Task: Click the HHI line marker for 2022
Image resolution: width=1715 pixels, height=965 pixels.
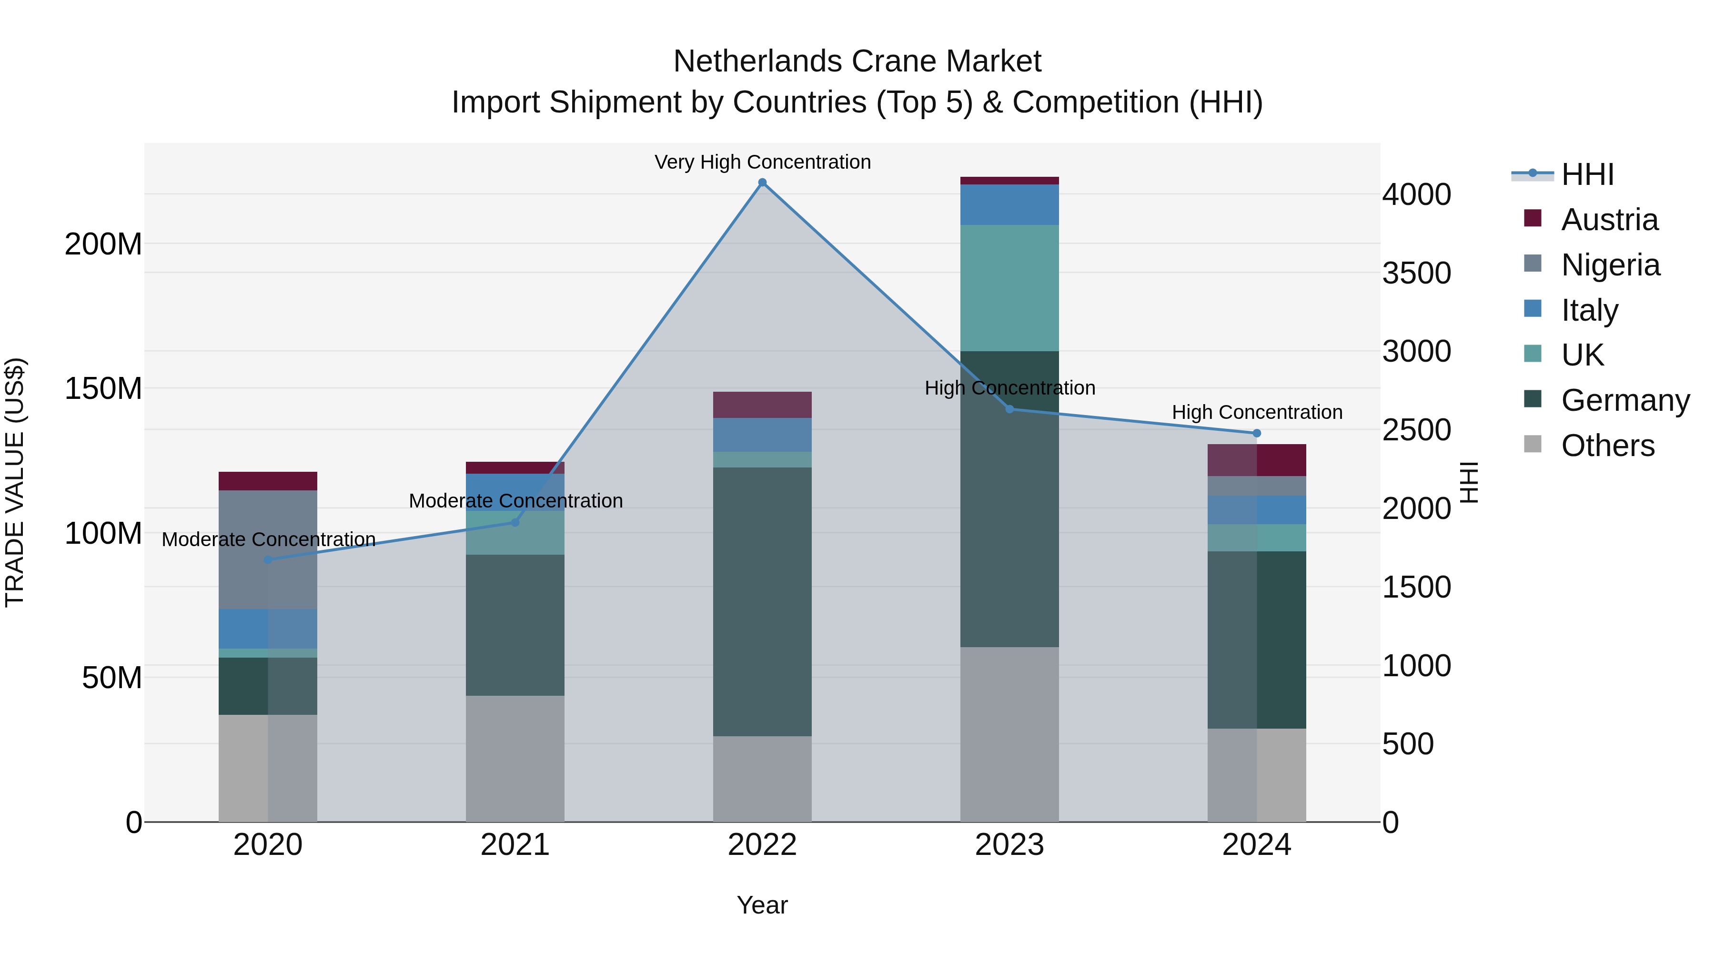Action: [762, 183]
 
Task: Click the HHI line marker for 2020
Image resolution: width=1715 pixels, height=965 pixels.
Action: [268, 559]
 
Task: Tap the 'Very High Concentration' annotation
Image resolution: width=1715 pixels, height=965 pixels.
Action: [762, 162]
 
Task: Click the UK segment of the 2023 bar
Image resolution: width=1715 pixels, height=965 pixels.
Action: [1009, 288]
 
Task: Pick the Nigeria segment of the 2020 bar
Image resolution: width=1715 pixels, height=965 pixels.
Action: [268, 549]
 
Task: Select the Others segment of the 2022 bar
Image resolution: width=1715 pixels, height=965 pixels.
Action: [762, 779]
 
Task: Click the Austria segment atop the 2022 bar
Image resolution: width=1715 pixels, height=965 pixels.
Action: [762, 404]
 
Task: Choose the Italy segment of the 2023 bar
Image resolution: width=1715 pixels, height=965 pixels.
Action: [1009, 204]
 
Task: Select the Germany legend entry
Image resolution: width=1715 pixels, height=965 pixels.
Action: [1625, 400]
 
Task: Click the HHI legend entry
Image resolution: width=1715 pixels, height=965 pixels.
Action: [1587, 174]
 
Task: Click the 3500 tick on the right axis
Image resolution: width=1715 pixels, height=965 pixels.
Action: [1417, 273]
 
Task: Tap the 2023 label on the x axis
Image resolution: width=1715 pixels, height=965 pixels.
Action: [1009, 845]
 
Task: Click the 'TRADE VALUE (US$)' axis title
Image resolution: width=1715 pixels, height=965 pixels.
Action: [15, 482]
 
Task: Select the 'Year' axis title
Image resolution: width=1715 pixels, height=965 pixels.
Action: [762, 905]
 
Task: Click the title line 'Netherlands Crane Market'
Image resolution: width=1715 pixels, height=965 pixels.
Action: [857, 61]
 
